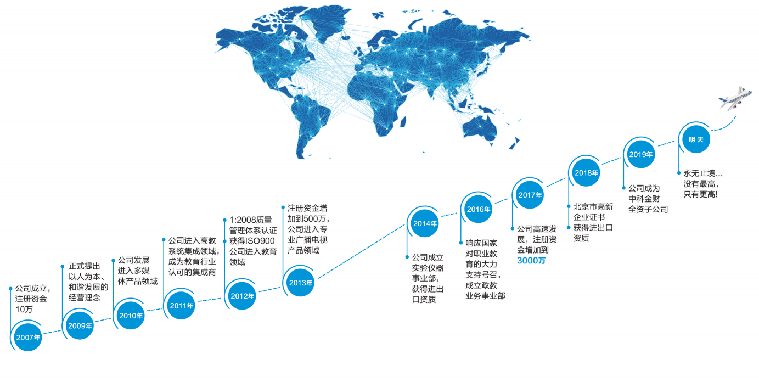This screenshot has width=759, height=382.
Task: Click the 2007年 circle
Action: (x=28, y=337)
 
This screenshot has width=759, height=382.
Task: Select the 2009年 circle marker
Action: (x=80, y=325)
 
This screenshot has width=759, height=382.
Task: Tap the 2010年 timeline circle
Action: (x=131, y=315)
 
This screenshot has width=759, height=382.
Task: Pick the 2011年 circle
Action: (x=182, y=305)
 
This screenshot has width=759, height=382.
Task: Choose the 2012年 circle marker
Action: (x=242, y=296)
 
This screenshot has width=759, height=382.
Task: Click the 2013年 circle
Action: (x=300, y=283)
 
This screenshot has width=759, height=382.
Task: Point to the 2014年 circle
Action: (x=425, y=223)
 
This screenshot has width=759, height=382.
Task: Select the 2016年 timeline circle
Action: (x=479, y=209)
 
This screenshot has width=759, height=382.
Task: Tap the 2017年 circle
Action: (x=530, y=195)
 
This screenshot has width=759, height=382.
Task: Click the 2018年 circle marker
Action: (x=586, y=172)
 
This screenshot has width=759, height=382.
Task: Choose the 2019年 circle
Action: (x=640, y=154)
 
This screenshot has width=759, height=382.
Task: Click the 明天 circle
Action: (x=695, y=139)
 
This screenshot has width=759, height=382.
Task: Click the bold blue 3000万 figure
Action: (x=531, y=261)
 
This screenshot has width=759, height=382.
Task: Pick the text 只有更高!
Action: (x=700, y=194)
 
